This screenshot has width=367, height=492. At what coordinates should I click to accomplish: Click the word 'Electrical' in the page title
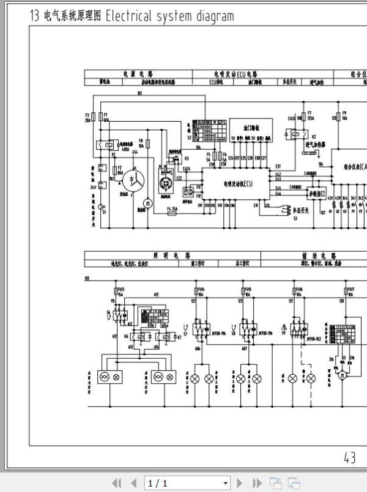[130, 17]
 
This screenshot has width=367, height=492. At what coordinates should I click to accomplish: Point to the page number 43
[350, 457]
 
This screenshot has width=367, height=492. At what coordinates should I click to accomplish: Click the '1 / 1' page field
[187, 483]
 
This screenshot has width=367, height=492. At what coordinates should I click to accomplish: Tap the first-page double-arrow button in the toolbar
[117, 483]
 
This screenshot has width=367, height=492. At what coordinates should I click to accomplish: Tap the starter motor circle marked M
[146, 202]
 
